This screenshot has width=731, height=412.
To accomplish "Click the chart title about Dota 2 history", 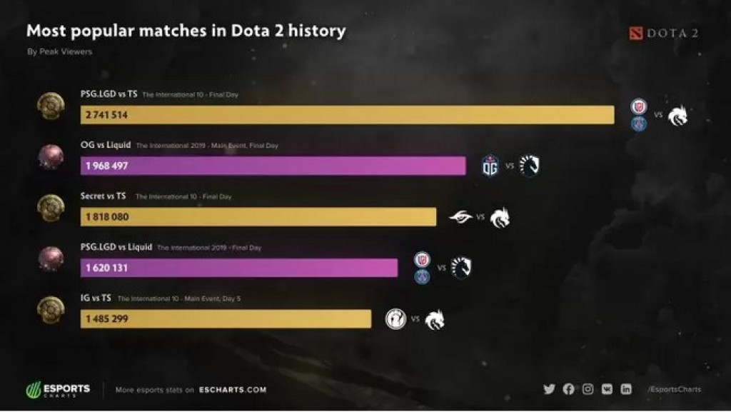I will pos(186,31).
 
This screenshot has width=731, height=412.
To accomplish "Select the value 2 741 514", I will pos(106,115).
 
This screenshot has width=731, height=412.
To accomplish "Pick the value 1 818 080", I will pos(107,217).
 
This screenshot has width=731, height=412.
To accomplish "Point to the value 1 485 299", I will pos(106,319).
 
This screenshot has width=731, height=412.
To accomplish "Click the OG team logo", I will pos(490,166).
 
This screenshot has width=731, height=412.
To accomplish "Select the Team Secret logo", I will pos(460,217).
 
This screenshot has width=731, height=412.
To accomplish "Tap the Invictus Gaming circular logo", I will pos(395,318).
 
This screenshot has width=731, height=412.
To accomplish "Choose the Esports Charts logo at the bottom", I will pos(58,390).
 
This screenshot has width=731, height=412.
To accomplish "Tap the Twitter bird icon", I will pos(549,389).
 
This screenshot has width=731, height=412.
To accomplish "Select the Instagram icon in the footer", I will pos(588,389).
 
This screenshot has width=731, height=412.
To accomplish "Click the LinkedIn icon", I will pos(626,389).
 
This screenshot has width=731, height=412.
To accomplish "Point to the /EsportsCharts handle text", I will pos(674,389).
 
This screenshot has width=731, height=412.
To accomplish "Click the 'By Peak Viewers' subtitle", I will pos(59,51).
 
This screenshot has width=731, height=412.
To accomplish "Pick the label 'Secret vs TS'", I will pos(104,196).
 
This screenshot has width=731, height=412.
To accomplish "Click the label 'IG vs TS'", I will pos(96,298).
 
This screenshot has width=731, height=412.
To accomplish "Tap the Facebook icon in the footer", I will pos(568,389).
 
